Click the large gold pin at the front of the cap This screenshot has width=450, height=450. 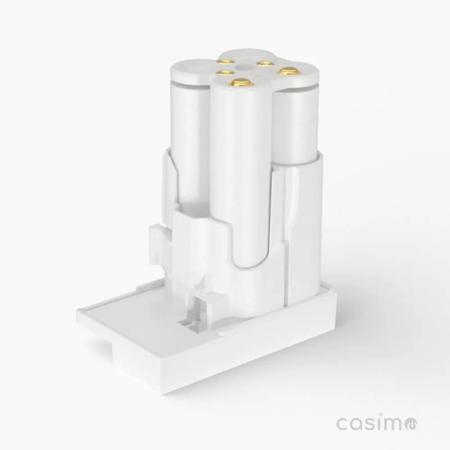(242, 82)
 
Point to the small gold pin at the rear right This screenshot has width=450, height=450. (264, 64)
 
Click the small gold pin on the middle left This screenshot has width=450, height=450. (220, 72)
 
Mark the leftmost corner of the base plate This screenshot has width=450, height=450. (77, 312)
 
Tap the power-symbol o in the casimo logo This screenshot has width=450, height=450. (411, 423)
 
